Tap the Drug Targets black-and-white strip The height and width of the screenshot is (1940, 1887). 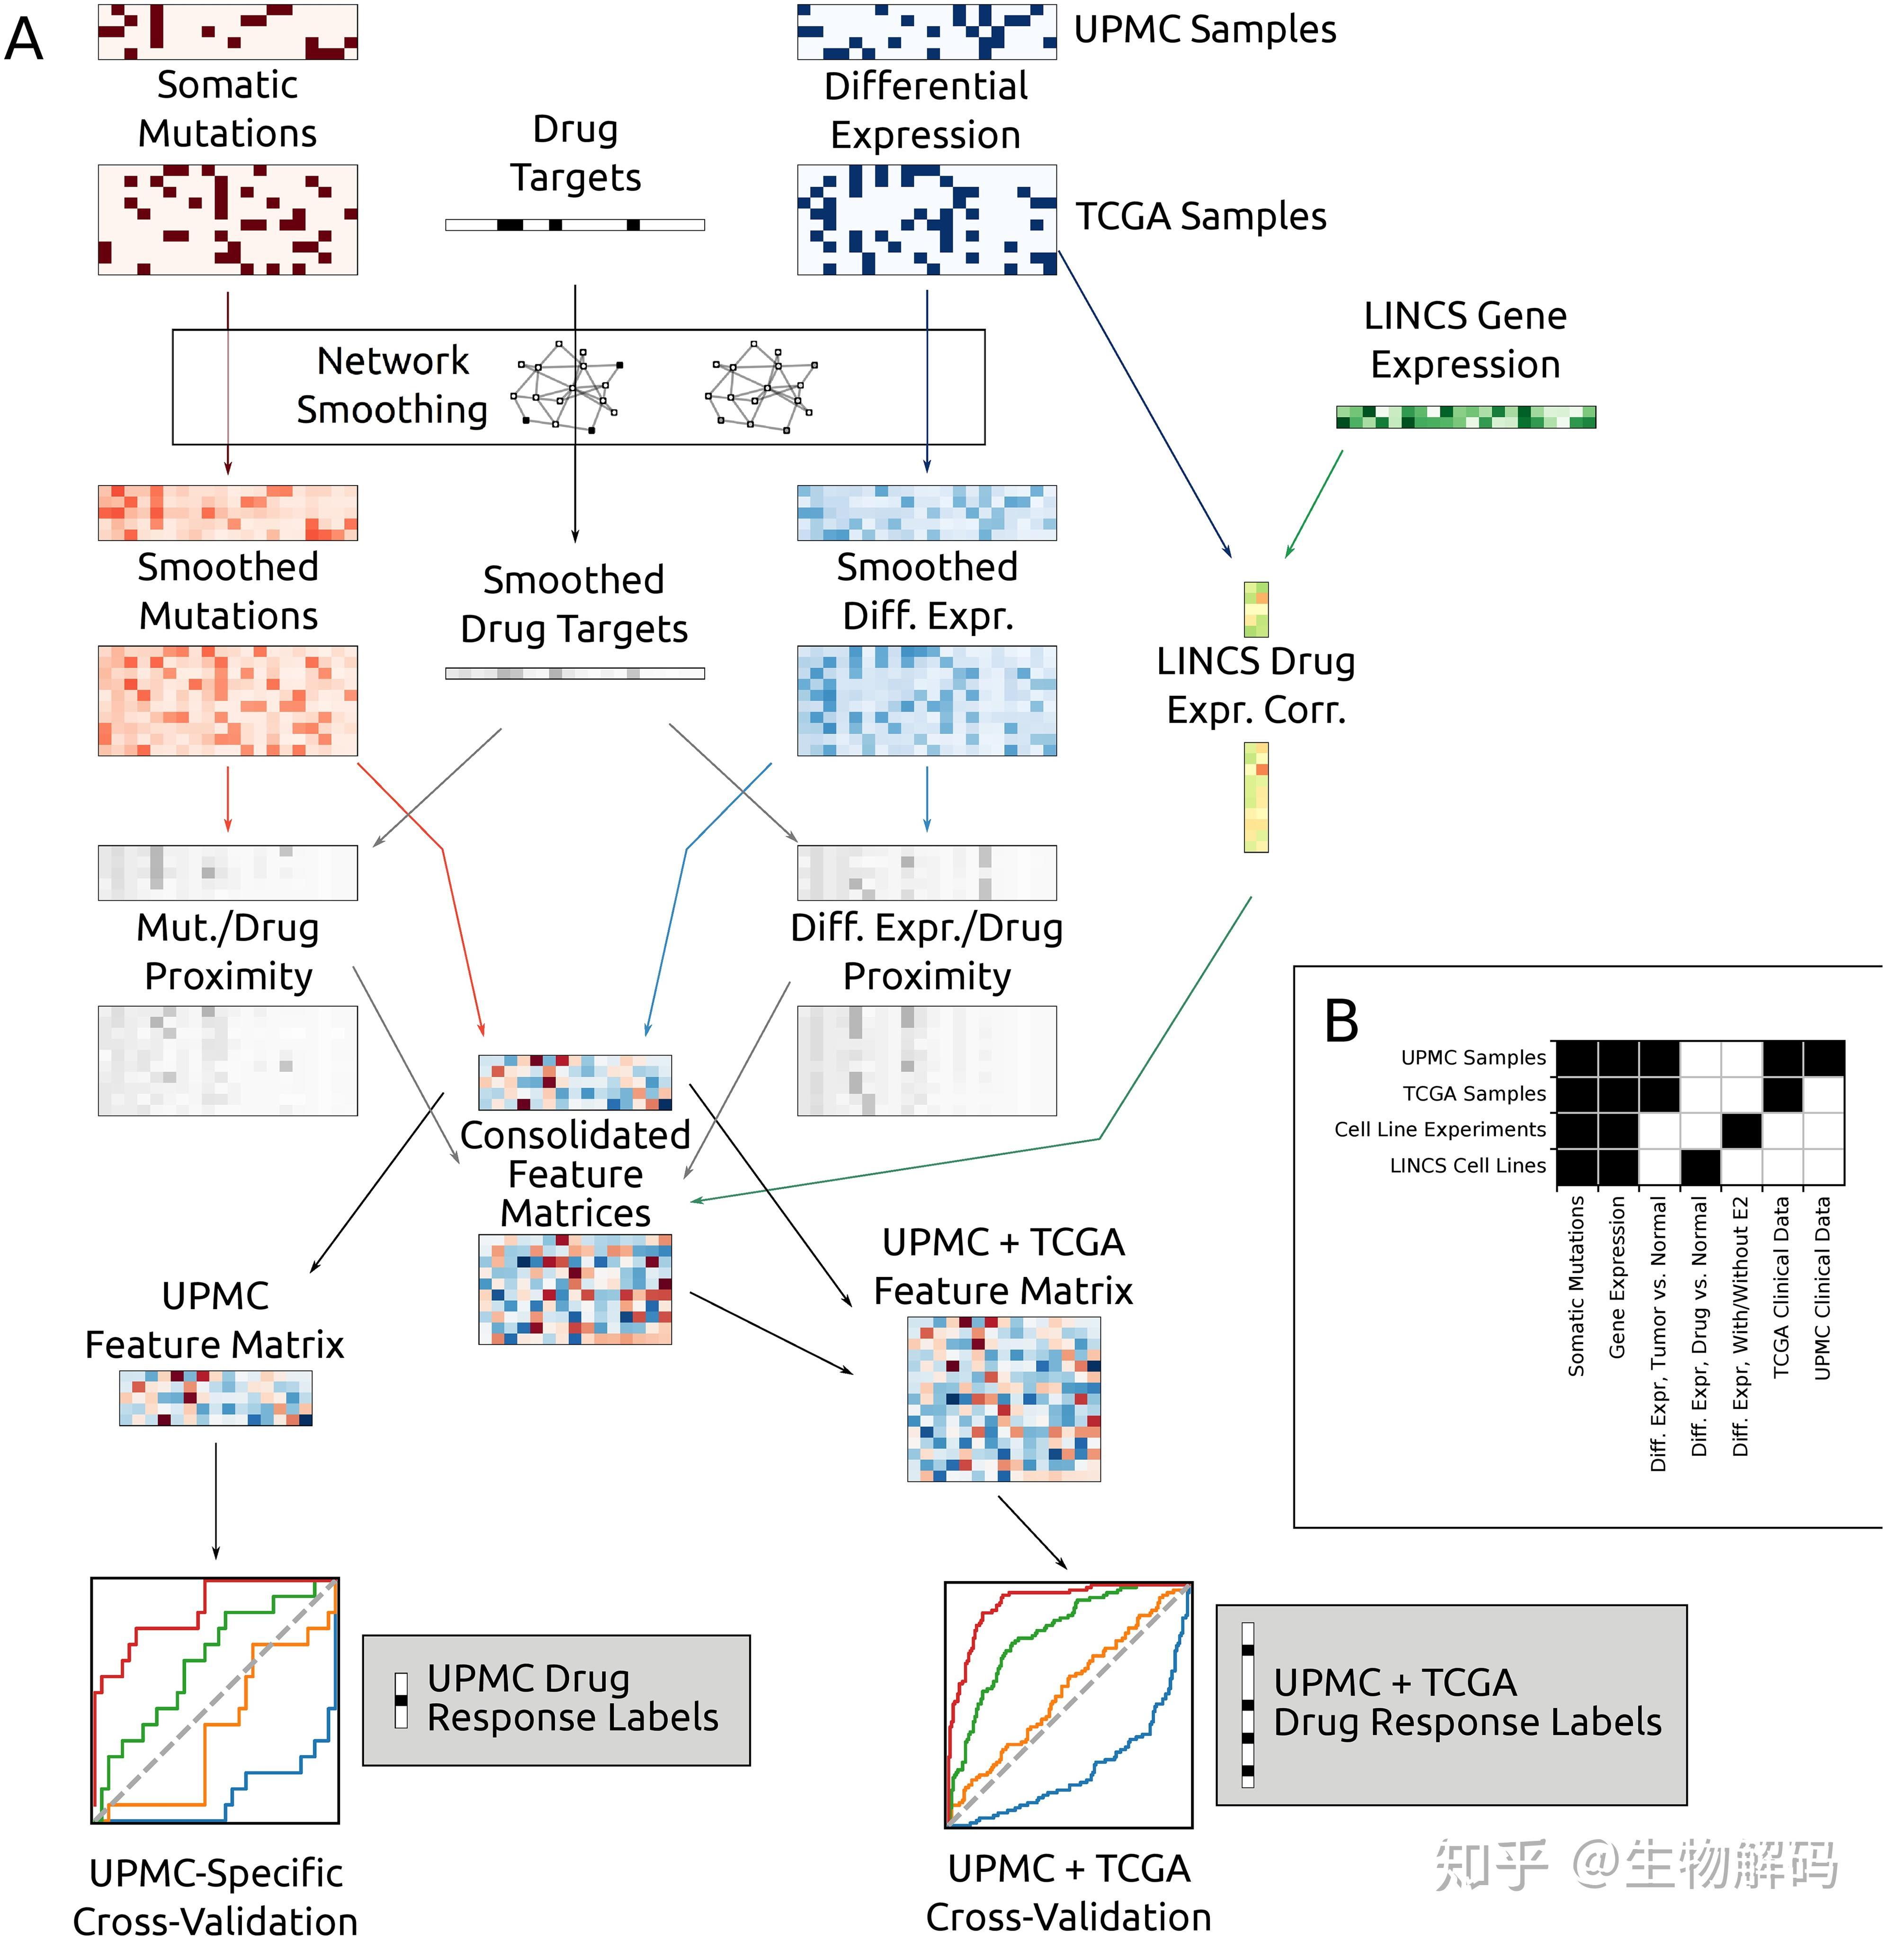click(x=575, y=225)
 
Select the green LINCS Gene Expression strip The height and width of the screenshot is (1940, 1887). click(x=1466, y=416)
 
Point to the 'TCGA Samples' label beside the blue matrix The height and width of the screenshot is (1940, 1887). click(x=1201, y=216)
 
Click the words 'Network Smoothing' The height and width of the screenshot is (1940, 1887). click(x=393, y=385)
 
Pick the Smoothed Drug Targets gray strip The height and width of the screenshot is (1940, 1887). click(x=575, y=674)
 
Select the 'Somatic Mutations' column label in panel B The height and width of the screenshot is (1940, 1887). click(x=1576, y=1286)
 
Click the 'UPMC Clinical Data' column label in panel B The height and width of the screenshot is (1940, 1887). click(x=1822, y=1288)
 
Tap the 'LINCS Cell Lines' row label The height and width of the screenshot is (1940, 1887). click(x=1468, y=1166)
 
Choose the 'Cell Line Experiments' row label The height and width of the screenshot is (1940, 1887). click(x=1440, y=1129)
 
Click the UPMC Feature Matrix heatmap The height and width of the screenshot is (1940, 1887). click(x=216, y=1398)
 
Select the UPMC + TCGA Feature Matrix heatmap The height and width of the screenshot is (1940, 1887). click(x=1004, y=1399)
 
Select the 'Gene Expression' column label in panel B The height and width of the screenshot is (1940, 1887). click(x=1617, y=1277)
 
